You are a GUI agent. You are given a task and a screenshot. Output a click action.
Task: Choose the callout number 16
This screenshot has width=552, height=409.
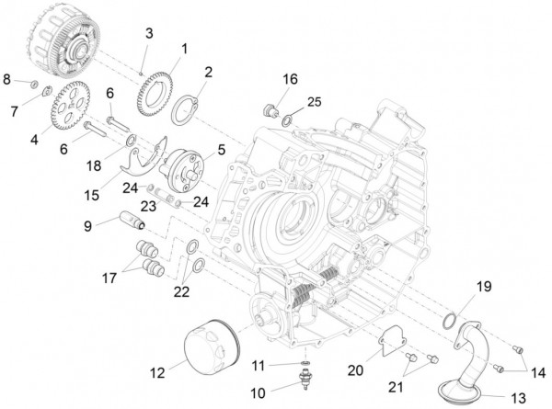click(290, 81)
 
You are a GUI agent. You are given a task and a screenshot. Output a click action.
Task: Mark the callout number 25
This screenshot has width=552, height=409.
click(313, 100)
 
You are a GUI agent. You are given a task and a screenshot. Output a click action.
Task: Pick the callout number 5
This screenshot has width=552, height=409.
click(221, 147)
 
